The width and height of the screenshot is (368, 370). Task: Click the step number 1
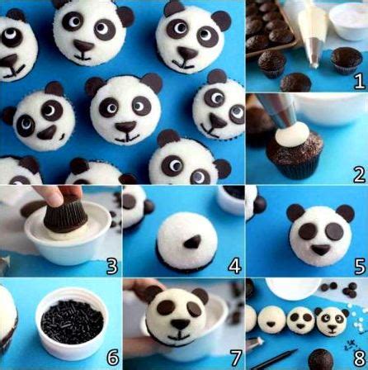pos(360,82)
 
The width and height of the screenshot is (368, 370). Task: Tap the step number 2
pos(360,175)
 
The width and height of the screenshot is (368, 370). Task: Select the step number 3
pos(112,266)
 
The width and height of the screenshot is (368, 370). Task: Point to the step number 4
pos(234,266)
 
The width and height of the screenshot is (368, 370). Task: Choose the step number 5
pos(360,266)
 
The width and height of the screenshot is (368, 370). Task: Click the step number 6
pos(112,358)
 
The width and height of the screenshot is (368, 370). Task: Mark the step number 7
pos(235,358)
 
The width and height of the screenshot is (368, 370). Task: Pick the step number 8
pos(360,358)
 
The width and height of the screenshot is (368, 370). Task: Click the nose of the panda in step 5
pos(320,249)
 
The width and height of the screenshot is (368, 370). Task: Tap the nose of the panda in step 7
pos(180,324)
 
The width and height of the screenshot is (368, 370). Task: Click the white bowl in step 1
pos(348,21)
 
